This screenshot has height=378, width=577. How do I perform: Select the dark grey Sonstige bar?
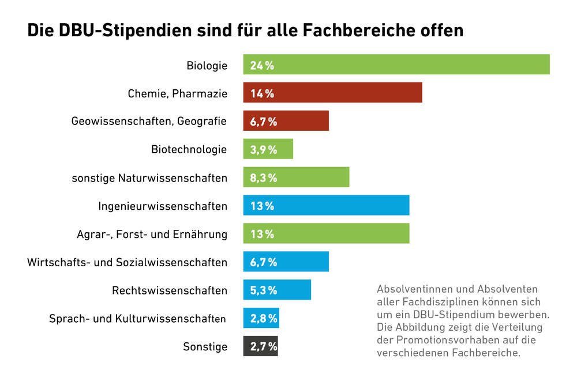coord(260,346)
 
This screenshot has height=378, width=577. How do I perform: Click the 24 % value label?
coord(261,65)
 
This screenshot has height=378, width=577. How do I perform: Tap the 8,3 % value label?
coord(263,178)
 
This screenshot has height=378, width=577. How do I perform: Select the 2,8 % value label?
coord(263,319)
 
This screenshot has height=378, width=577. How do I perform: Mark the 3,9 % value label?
coord(263,150)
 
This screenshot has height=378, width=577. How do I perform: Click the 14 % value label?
coord(261,93)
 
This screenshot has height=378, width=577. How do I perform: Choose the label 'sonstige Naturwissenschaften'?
coord(149,178)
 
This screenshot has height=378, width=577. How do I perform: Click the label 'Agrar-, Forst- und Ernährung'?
coord(152,235)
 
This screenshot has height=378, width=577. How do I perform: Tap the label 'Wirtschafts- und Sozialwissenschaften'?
coord(127,263)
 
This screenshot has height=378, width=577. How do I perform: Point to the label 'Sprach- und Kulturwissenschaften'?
coord(137,319)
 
